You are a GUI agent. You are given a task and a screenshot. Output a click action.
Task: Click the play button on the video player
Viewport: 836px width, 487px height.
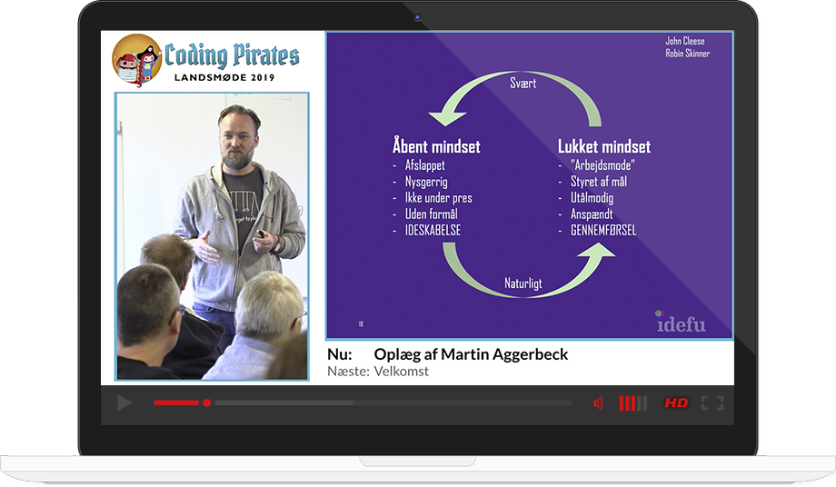[124, 403]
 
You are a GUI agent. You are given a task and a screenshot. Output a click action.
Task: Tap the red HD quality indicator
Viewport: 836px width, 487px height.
[676, 403]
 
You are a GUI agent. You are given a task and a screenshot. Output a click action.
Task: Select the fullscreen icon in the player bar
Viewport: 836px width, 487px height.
[712, 403]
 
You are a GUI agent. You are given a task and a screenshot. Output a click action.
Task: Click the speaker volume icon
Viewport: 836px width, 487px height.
[598, 403]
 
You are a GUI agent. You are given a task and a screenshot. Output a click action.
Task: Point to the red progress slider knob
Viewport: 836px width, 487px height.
[207, 403]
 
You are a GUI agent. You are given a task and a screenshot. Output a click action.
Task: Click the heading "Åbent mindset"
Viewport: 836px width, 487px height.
[436, 146]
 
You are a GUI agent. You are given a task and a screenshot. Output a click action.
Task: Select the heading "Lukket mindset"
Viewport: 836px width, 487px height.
[604, 146]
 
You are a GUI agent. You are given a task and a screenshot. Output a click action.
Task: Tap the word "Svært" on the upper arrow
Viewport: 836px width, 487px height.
[522, 83]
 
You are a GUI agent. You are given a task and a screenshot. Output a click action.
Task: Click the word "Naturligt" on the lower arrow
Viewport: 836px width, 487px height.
[523, 283]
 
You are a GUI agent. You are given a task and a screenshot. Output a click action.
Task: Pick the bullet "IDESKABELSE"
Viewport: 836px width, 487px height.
[433, 230]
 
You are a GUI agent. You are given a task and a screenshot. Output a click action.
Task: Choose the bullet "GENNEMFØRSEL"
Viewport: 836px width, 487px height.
[603, 230]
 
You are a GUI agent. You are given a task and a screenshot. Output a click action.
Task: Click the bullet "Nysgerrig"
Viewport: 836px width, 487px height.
[426, 182]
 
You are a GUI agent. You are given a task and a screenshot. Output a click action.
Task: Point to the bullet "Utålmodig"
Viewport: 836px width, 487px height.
[592, 198]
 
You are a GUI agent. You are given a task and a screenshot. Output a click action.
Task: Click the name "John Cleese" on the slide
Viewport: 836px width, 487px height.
[684, 41]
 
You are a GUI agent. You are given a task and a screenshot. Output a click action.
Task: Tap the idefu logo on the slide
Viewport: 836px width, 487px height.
[681, 322]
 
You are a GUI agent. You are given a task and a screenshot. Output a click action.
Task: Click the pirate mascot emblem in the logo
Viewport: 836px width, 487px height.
[136, 60]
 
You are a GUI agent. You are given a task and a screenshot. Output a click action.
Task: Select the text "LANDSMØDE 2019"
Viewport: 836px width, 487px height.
[224, 77]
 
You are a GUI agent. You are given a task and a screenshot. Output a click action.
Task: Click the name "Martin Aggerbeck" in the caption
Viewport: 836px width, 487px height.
[504, 354]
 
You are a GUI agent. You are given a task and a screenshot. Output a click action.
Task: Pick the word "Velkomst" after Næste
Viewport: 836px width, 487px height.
[401, 372]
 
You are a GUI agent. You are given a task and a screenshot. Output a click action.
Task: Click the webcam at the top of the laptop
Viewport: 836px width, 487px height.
[417, 17]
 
